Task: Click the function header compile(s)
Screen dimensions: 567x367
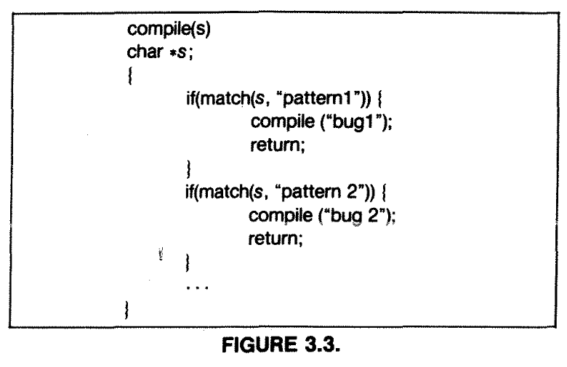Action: tap(169, 29)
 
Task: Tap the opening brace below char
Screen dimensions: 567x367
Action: tap(130, 76)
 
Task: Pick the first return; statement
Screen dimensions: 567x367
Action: tap(278, 145)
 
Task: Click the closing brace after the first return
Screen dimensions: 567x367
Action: tap(188, 169)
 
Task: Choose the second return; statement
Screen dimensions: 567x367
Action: tap(276, 238)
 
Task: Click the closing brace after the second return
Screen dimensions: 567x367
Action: tap(188, 263)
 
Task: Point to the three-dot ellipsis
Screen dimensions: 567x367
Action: tap(197, 288)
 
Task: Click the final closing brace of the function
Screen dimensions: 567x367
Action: tap(126, 310)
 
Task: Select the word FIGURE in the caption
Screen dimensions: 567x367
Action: tap(260, 344)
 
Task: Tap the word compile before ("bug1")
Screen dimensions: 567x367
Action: tap(283, 121)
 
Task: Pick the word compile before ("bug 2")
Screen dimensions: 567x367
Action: tap(281, 216)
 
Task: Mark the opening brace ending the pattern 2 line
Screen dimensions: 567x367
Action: tap(384, 192)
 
